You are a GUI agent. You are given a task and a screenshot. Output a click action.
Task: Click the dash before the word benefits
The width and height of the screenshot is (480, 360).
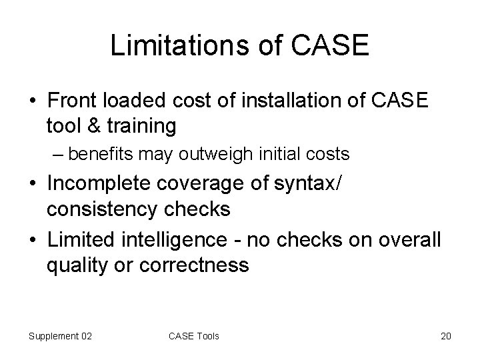tap(59, 155)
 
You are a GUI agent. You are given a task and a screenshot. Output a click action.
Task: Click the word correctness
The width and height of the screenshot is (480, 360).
tap(195, 265)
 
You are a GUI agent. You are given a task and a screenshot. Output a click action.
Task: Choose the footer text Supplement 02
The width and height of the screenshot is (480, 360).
tap(60, 336)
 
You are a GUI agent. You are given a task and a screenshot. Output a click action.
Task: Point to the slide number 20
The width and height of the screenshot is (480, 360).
tap(446, 336)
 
